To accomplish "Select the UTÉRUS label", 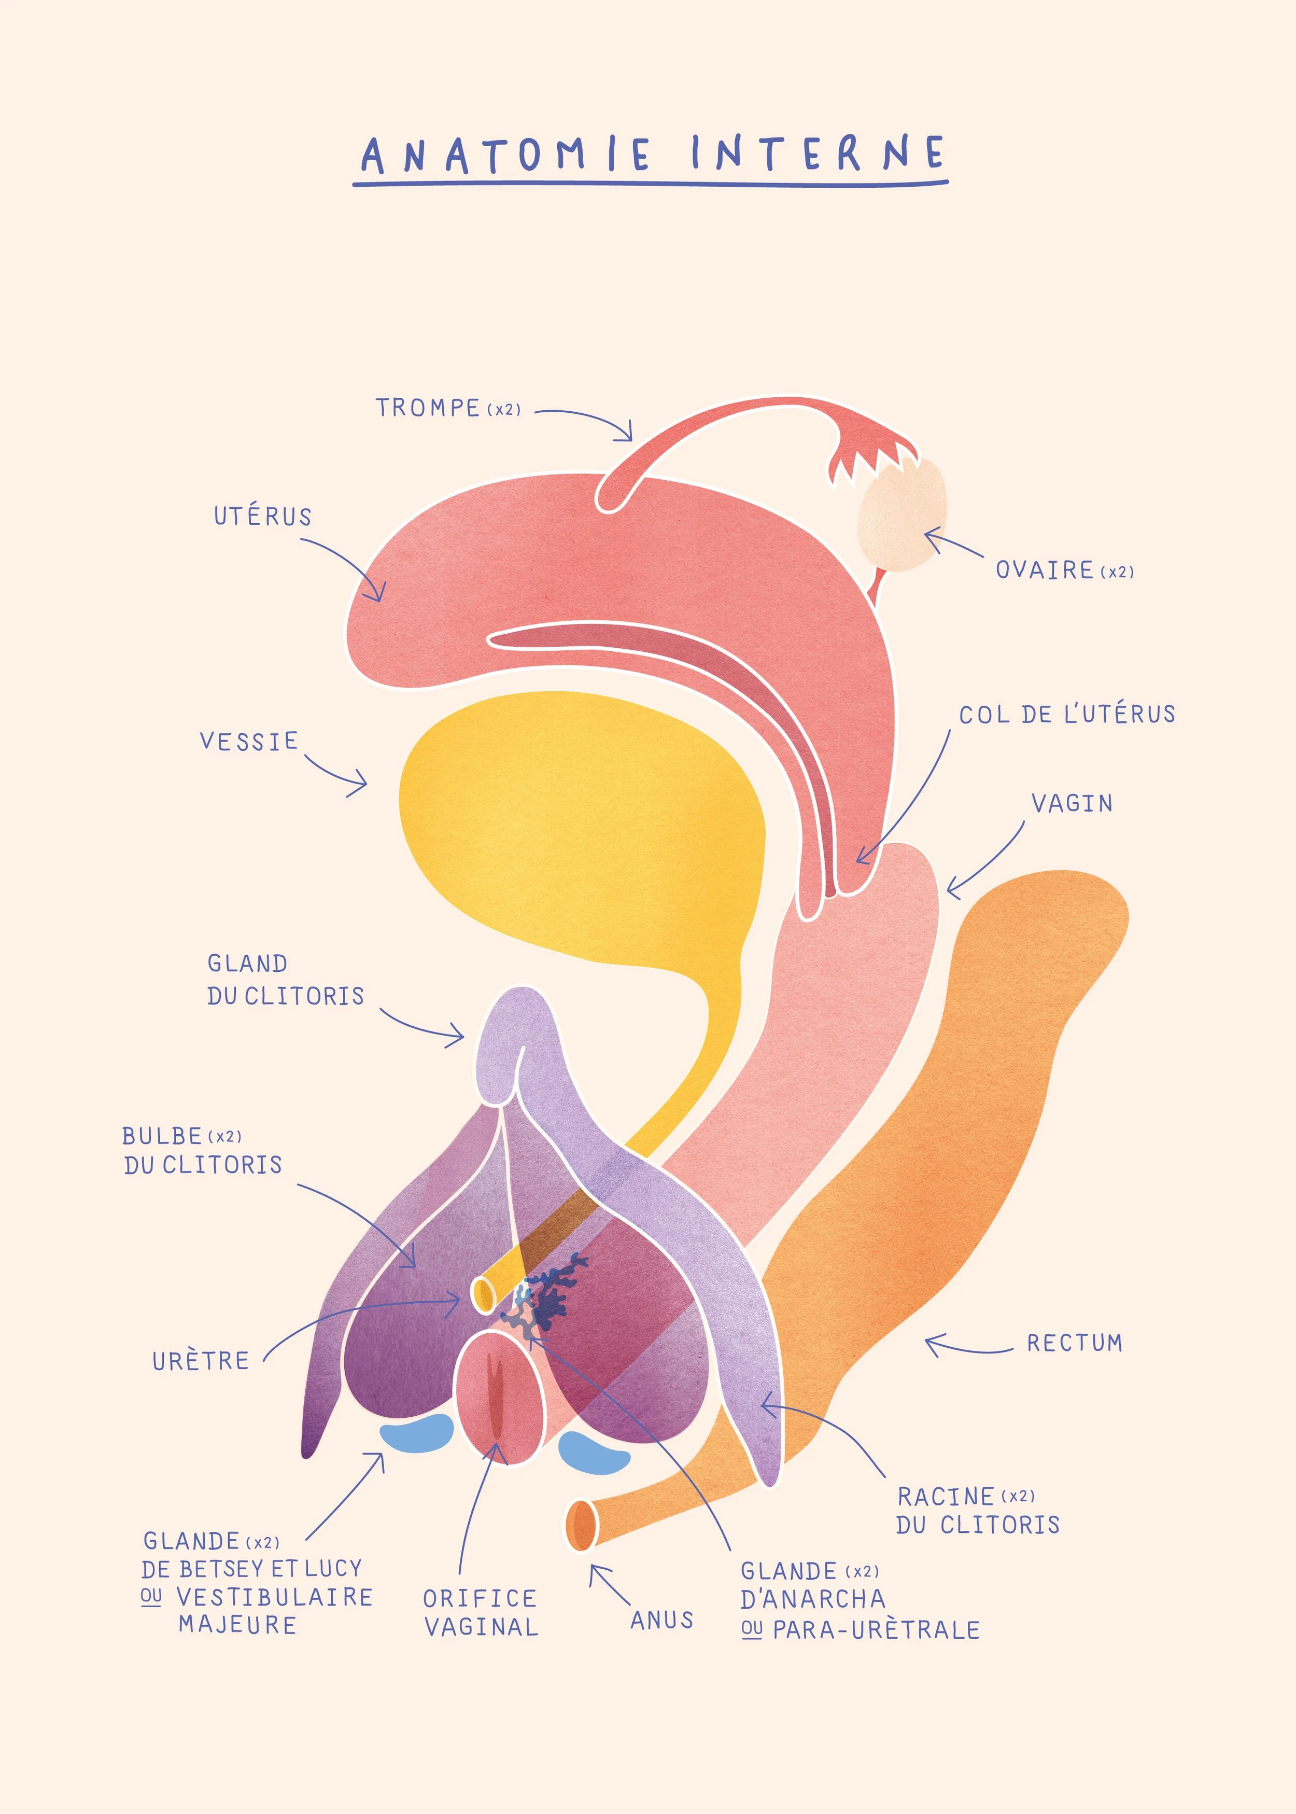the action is coord(262,517).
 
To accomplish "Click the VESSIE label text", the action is coord(249,742).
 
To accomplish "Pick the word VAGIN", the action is coord(1072,804).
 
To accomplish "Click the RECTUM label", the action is coord(1074,1343).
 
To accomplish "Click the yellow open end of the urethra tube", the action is coord(483,1294).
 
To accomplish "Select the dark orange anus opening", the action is coord(581,1525).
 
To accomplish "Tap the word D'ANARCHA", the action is coord(812,1599).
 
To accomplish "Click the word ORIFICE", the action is coord(480,1598).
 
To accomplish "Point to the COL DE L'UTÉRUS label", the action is coord(1067,714).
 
